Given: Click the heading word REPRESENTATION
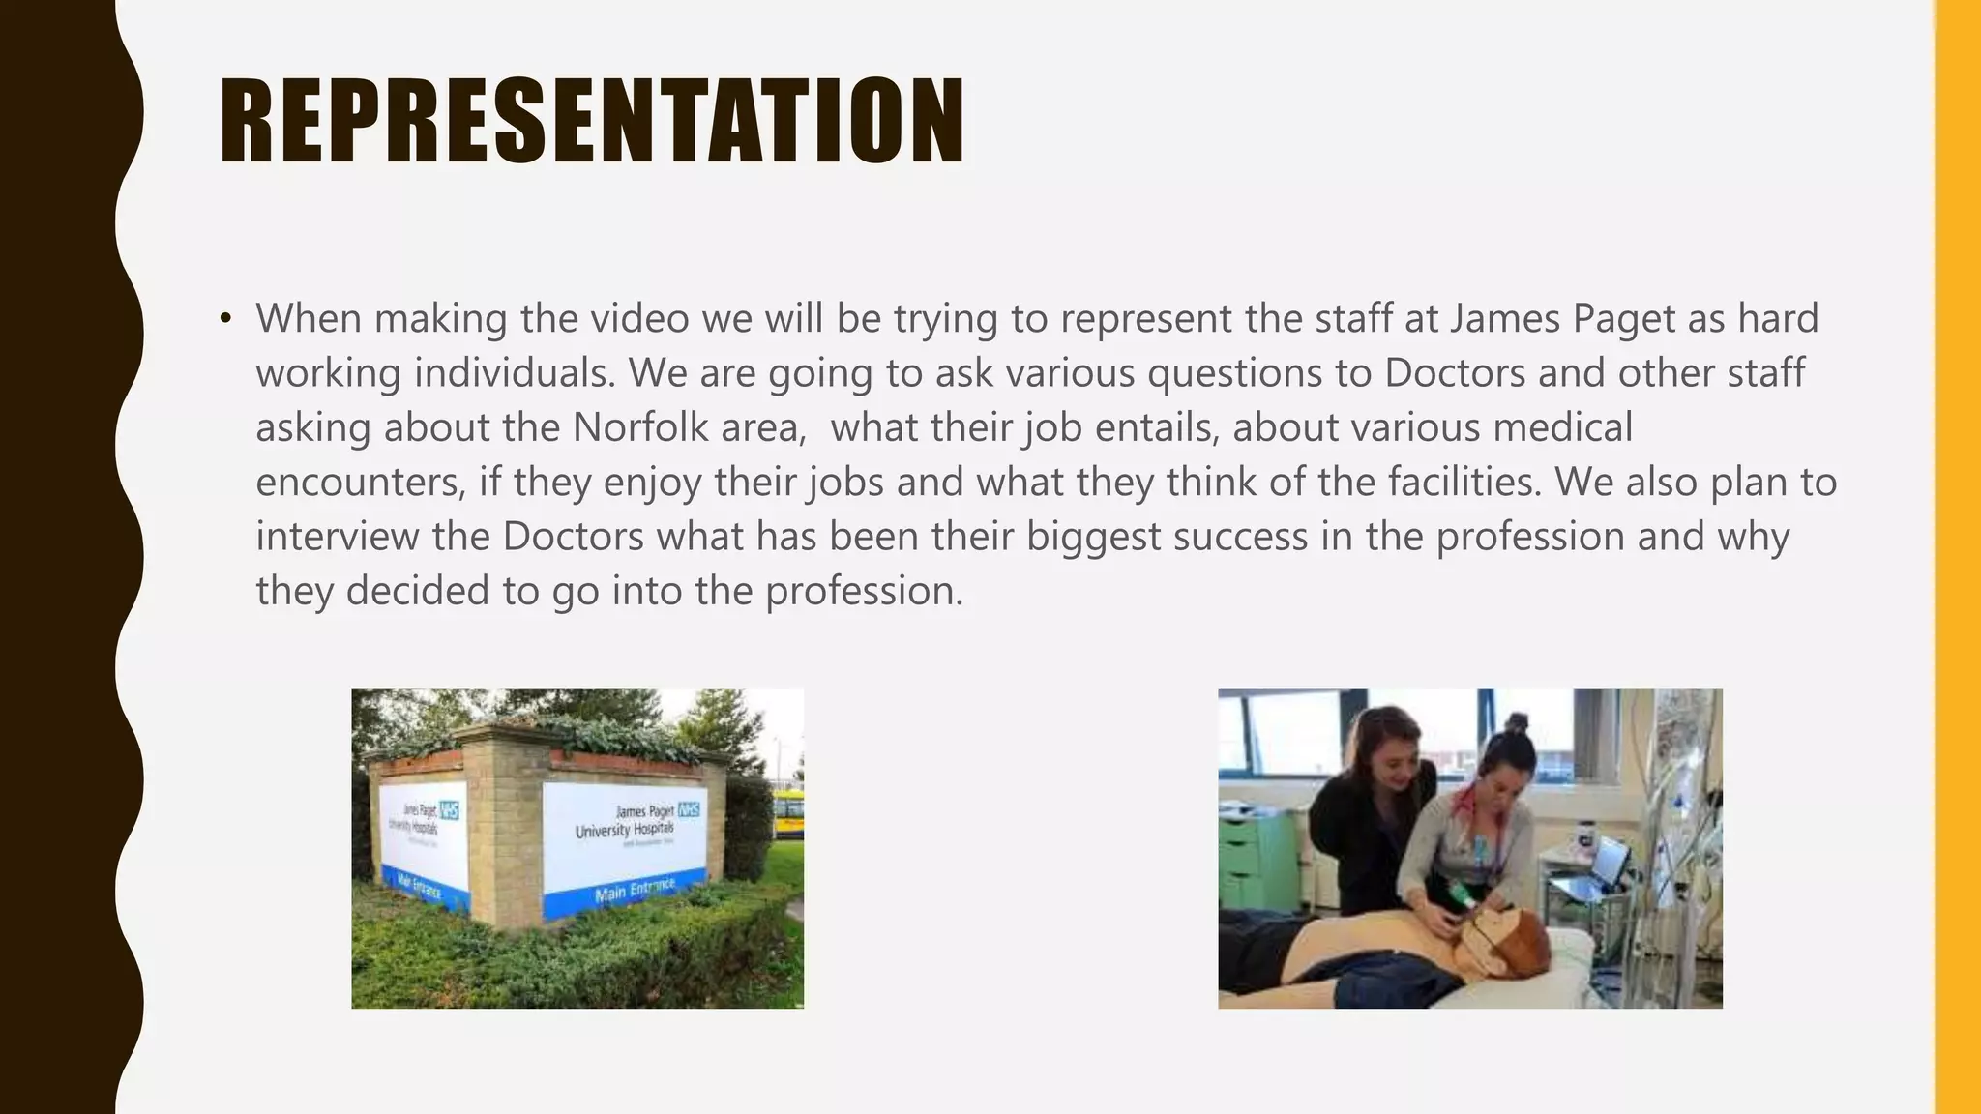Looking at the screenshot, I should (591, 121).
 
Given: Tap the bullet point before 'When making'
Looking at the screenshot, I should (225, 319).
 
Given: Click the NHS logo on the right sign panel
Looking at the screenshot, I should (689, 809).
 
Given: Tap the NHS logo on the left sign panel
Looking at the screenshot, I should (449, 809).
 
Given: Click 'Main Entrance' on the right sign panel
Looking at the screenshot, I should (635, 889).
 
